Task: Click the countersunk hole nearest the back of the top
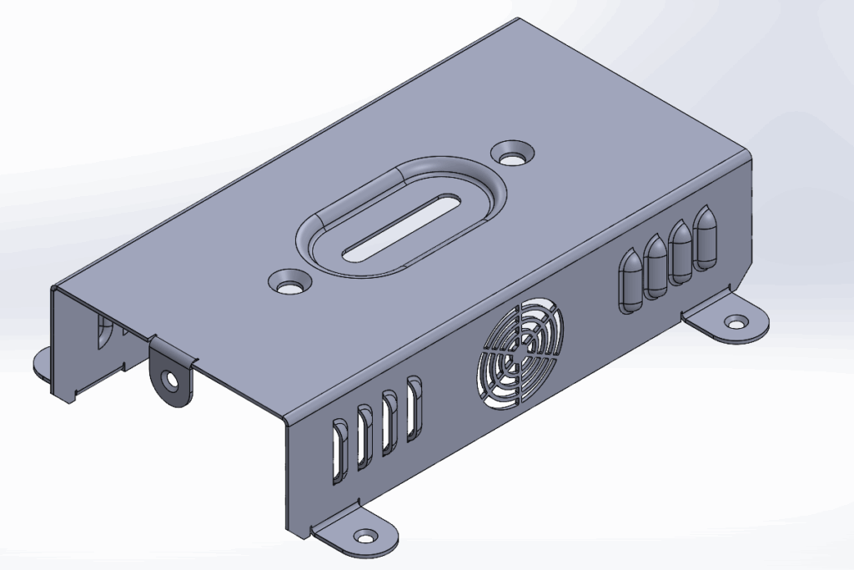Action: (512, 153)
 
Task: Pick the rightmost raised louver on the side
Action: (706, 236)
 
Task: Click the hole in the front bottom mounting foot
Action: (364, 536)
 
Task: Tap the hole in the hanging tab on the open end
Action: (172, 381)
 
